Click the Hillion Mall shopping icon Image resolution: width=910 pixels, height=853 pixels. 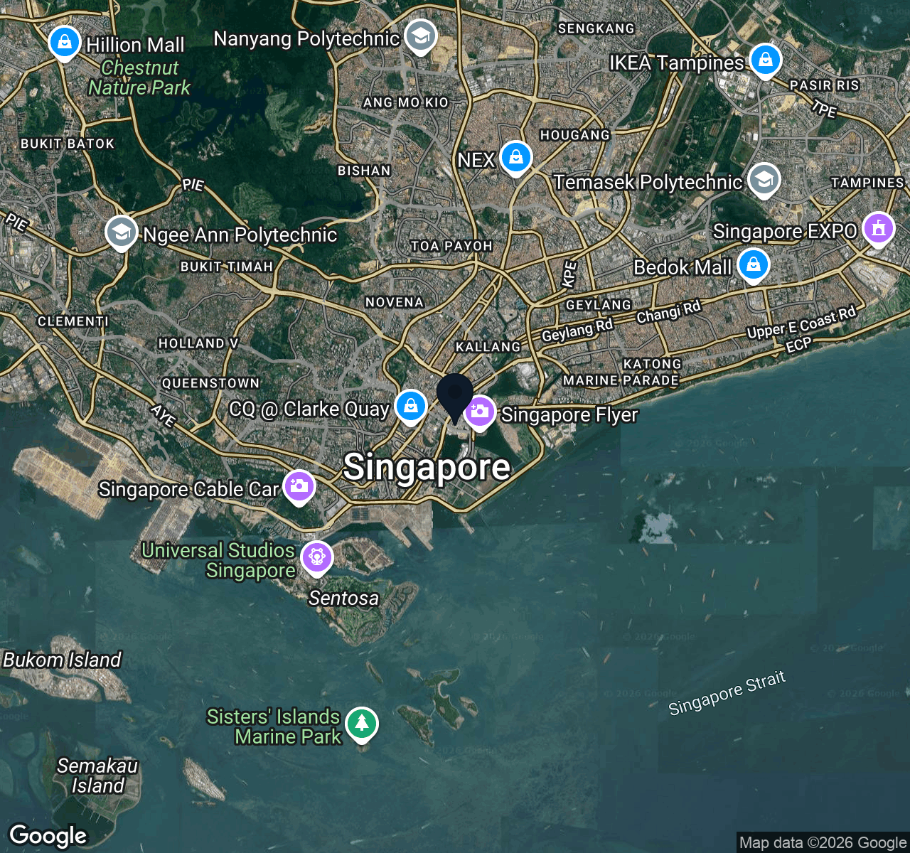[64, 43]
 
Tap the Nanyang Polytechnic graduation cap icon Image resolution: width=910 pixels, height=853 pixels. [420, 36]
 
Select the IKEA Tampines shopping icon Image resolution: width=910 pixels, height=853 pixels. [765, 60]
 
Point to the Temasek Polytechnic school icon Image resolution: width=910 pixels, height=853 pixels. [764, 180]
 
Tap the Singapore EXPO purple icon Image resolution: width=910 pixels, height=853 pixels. [879, 229]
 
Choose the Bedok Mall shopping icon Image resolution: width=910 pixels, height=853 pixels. [753, 265]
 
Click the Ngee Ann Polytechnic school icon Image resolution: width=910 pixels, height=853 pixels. [121, 232]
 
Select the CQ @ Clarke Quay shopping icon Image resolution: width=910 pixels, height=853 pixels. [410, 407]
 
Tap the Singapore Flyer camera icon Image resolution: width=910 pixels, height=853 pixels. [480, 412]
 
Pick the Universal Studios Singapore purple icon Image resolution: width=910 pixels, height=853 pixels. [316, 557]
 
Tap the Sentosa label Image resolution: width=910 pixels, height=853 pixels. [343, 599]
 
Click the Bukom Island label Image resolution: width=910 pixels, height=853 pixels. [63, 660]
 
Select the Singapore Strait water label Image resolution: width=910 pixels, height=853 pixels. [727, 692]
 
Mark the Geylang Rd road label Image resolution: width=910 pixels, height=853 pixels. [577, 331]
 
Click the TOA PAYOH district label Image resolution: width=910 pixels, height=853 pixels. [451, 246]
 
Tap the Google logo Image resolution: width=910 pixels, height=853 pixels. [48, 836]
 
